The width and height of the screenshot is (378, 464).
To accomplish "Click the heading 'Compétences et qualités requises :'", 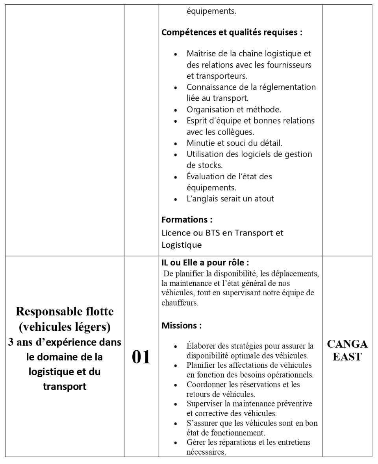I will click(232, 33).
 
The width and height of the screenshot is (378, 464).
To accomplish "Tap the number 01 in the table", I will click(141, 357).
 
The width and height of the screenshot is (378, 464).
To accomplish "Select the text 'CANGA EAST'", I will click(347, 351).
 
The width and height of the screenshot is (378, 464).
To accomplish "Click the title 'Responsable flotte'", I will click(65, 312).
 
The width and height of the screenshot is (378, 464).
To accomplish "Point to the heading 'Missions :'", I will click(182, 326).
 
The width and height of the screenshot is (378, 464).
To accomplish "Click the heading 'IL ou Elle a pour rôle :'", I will click(205, 262).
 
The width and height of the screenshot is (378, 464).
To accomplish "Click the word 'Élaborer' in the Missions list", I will click(201, 346).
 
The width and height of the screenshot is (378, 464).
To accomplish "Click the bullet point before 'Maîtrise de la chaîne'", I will click(176, 54).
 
